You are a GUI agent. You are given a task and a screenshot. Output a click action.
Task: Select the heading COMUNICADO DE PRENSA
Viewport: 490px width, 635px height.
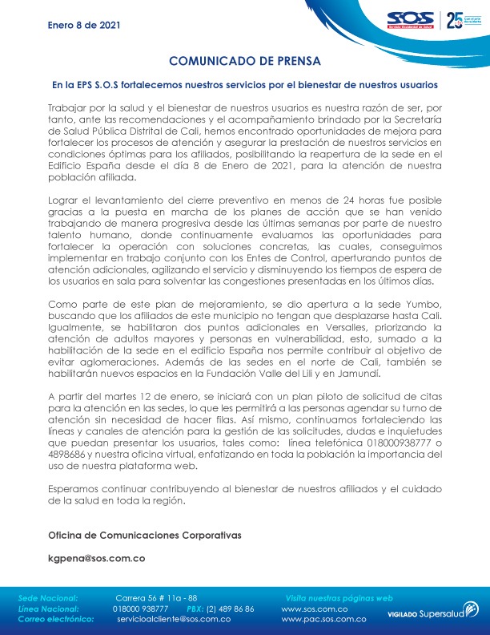coord(245,61)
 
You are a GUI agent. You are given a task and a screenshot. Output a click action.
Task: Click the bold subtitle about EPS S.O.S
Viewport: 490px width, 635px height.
coord(245,83)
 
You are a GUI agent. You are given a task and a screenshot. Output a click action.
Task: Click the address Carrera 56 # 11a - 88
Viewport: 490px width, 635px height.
coord(156,598)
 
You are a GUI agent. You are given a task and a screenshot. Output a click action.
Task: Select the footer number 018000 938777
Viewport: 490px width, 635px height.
coord(140,609)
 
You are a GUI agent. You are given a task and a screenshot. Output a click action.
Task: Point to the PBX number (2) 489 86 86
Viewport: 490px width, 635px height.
coord(230,609)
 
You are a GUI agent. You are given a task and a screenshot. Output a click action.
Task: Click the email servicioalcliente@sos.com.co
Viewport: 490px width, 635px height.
coord(174,619)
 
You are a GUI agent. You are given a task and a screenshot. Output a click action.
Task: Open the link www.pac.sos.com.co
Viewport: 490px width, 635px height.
coord(324,619)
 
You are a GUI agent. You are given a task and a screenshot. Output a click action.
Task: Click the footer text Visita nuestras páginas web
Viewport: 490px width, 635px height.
coord(339,598)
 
